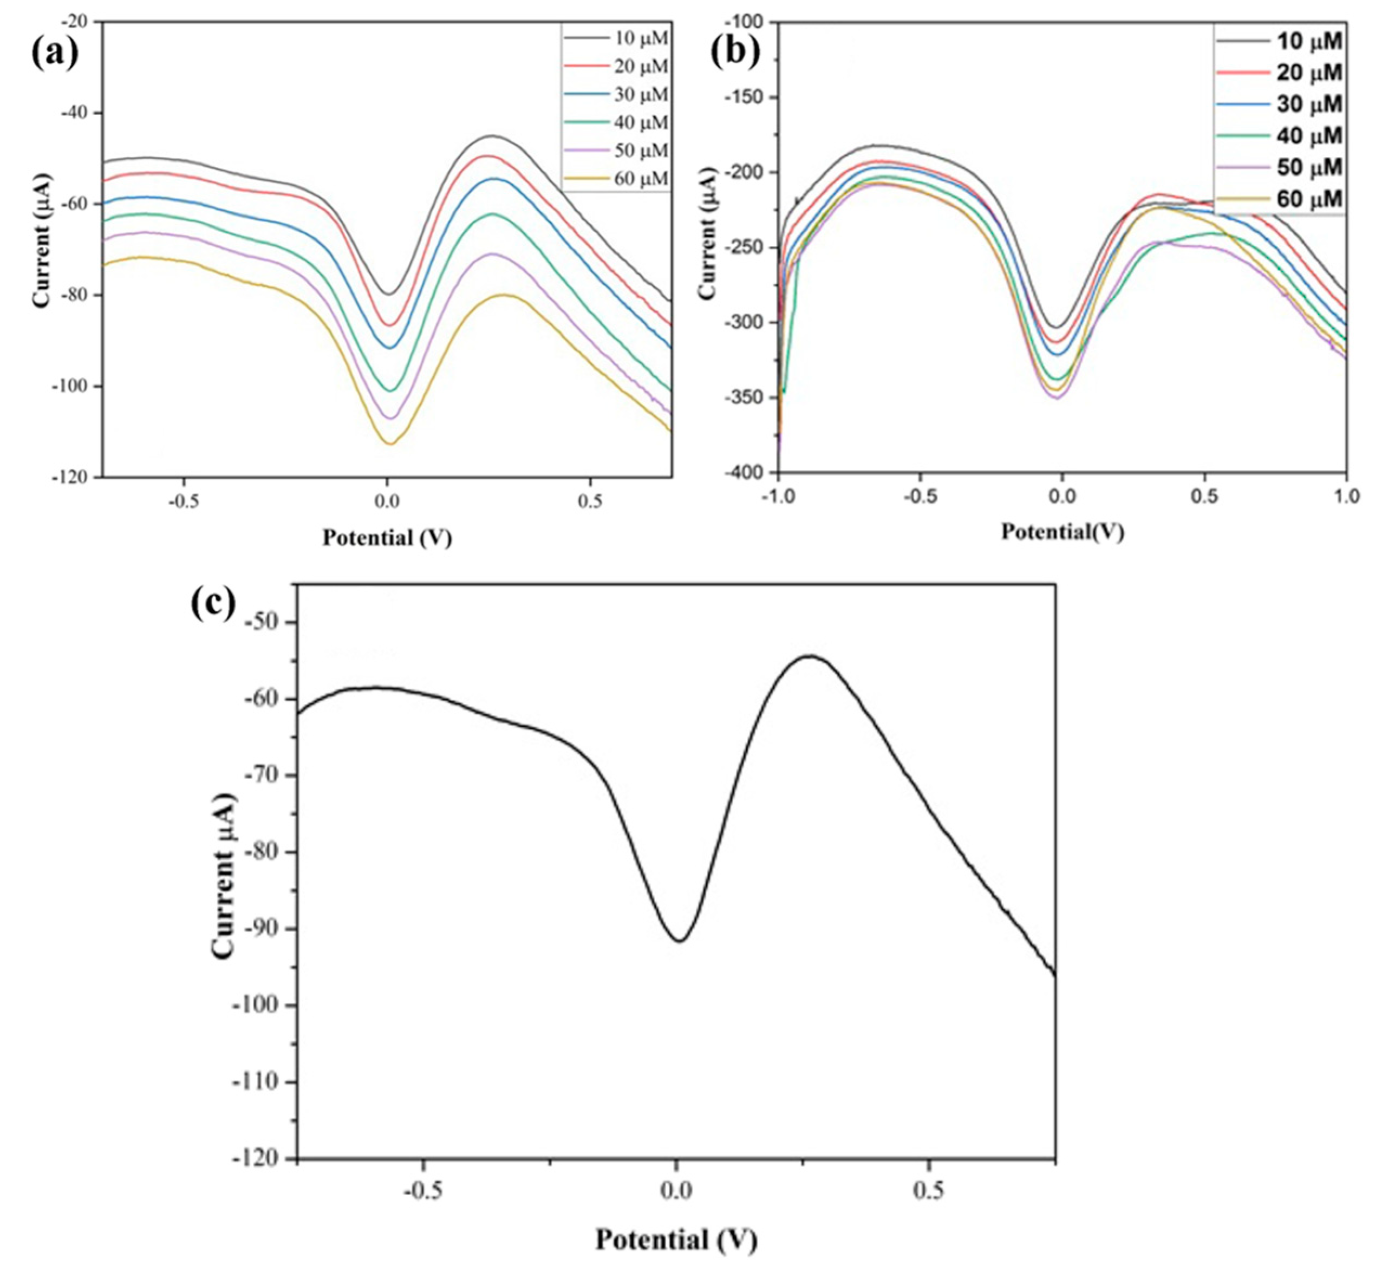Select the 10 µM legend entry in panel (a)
click(641, 39)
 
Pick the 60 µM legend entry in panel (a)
click(641, 179)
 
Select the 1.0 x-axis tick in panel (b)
click(1346, 496)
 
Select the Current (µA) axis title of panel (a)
click(42, 249)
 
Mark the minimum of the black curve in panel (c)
click(680, 941)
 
